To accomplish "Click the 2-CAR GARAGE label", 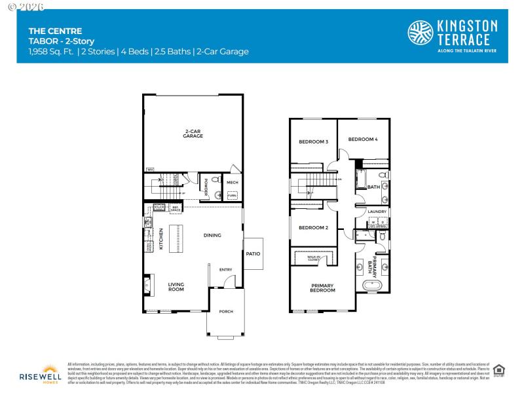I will coord(193,134).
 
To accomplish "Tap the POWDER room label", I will coord(205,185).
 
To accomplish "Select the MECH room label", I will coord(232,182).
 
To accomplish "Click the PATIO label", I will coord(253,253).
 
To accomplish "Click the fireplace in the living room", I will coord(147,286).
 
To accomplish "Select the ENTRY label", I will coord(225,269).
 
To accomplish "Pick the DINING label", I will coord(212,235).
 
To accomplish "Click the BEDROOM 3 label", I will coord(313,141).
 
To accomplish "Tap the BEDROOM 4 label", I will coord(362,139).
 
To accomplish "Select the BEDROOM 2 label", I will coord(313,228).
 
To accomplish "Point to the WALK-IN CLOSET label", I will coord(323,258).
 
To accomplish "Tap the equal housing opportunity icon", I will coord(499,370).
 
